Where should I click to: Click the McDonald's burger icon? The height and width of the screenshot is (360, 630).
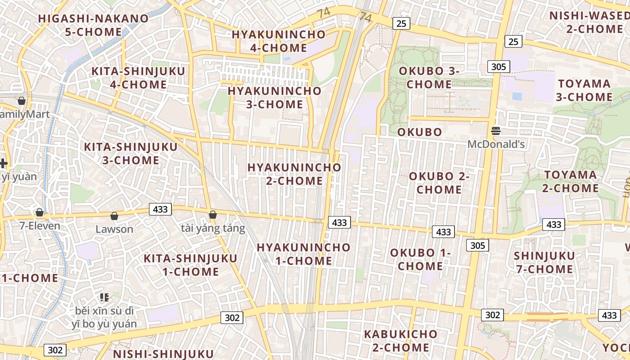496,131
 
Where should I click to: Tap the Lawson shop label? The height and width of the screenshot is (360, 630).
114,229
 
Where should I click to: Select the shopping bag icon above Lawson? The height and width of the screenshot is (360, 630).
114,216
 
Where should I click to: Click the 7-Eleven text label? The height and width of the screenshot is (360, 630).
40,225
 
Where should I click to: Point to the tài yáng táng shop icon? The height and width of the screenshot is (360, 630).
212,215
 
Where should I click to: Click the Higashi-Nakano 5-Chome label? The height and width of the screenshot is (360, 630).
93,25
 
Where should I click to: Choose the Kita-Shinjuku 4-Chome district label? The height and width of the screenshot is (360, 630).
138,78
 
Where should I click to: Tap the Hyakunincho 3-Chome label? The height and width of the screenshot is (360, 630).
274,98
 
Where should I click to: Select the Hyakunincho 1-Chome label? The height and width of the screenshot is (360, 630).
303,254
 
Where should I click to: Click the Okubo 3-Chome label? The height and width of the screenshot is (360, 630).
429,77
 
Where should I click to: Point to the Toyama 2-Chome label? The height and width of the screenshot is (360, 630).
571,181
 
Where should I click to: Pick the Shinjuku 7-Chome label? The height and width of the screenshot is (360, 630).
544,263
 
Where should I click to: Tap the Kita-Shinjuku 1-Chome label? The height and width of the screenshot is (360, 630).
190,265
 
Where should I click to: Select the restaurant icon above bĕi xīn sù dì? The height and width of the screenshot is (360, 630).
104,297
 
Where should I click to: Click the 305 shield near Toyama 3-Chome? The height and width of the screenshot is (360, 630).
499,67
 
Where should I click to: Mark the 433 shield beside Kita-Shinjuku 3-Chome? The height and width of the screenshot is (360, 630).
160,209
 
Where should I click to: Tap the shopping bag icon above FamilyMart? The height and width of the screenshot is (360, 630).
21,101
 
